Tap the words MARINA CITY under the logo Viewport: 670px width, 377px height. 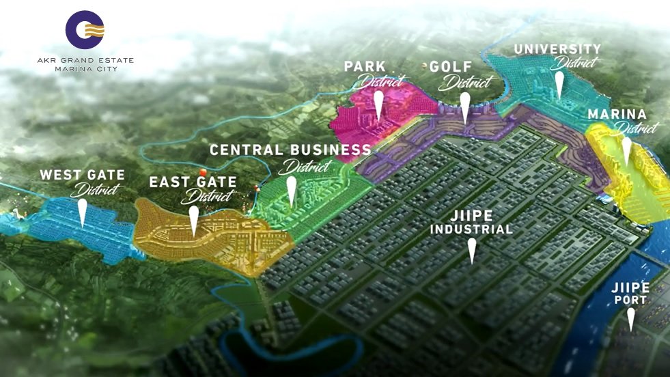pyautogui.click(x=85, y=69)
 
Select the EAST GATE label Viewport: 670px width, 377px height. pyautogui.click(x=193, y=182)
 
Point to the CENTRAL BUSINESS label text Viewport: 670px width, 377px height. pyautogui.click(x=290, y=150)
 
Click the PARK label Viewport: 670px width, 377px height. pyautogui.click(x=365, y=66)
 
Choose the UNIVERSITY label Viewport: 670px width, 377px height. pyautogui.click(x=557, y=49)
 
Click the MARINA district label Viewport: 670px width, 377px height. pyautogui.click(x=617, y=114)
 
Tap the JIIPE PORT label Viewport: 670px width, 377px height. pyautogui.click(x=630, y=293)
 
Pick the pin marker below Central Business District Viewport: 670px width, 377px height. pyautogui.click(x=292, y=191)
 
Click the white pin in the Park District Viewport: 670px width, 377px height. pyautogui.click(x=378, y=106)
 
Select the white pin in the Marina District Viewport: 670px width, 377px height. pyautogui.click(x=626, y=151)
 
